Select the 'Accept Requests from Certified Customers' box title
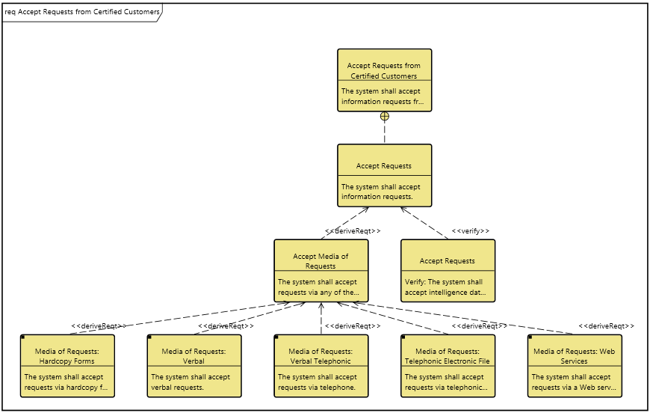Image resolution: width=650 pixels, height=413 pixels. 384,71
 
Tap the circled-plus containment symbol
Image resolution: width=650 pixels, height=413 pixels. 385,116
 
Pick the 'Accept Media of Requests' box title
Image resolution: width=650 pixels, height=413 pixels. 321,261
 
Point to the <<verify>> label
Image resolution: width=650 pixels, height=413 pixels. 471,231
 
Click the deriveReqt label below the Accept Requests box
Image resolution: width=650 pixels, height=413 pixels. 353,231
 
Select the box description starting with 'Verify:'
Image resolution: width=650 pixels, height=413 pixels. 445,287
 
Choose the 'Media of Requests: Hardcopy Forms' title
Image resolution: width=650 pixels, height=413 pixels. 66,355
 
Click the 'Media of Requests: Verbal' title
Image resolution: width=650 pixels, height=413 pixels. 194,355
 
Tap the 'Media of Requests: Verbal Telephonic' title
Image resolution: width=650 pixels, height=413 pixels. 321,355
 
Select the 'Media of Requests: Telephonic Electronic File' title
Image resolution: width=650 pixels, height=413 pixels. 448,355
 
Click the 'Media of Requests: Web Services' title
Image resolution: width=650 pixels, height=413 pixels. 575,355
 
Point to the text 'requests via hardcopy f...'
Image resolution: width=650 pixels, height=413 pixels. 66,388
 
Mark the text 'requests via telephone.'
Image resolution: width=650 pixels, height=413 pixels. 317,388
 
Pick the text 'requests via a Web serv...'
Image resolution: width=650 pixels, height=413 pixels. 574,388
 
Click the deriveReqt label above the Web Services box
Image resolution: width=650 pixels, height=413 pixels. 607,326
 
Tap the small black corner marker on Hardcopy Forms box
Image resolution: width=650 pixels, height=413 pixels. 24,337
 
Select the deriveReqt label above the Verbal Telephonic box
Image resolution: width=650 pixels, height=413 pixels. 353,326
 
